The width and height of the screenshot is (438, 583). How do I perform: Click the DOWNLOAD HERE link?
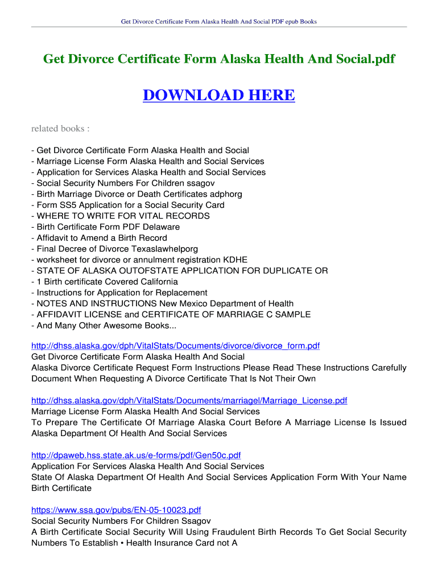218,95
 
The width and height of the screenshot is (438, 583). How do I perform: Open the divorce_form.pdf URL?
175,346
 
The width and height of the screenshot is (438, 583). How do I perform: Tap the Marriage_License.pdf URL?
189,401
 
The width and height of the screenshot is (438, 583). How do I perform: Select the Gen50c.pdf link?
136,455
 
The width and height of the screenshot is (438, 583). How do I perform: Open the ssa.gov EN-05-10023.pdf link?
116,510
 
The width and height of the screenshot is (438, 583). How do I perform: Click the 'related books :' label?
60,128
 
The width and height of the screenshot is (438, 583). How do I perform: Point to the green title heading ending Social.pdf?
219,59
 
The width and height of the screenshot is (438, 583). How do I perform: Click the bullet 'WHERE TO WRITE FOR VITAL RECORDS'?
123,216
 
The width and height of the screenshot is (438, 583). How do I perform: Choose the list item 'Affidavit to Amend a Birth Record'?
102,238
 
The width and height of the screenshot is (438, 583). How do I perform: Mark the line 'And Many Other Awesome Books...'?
106,326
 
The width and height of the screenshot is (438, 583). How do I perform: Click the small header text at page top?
218,22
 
